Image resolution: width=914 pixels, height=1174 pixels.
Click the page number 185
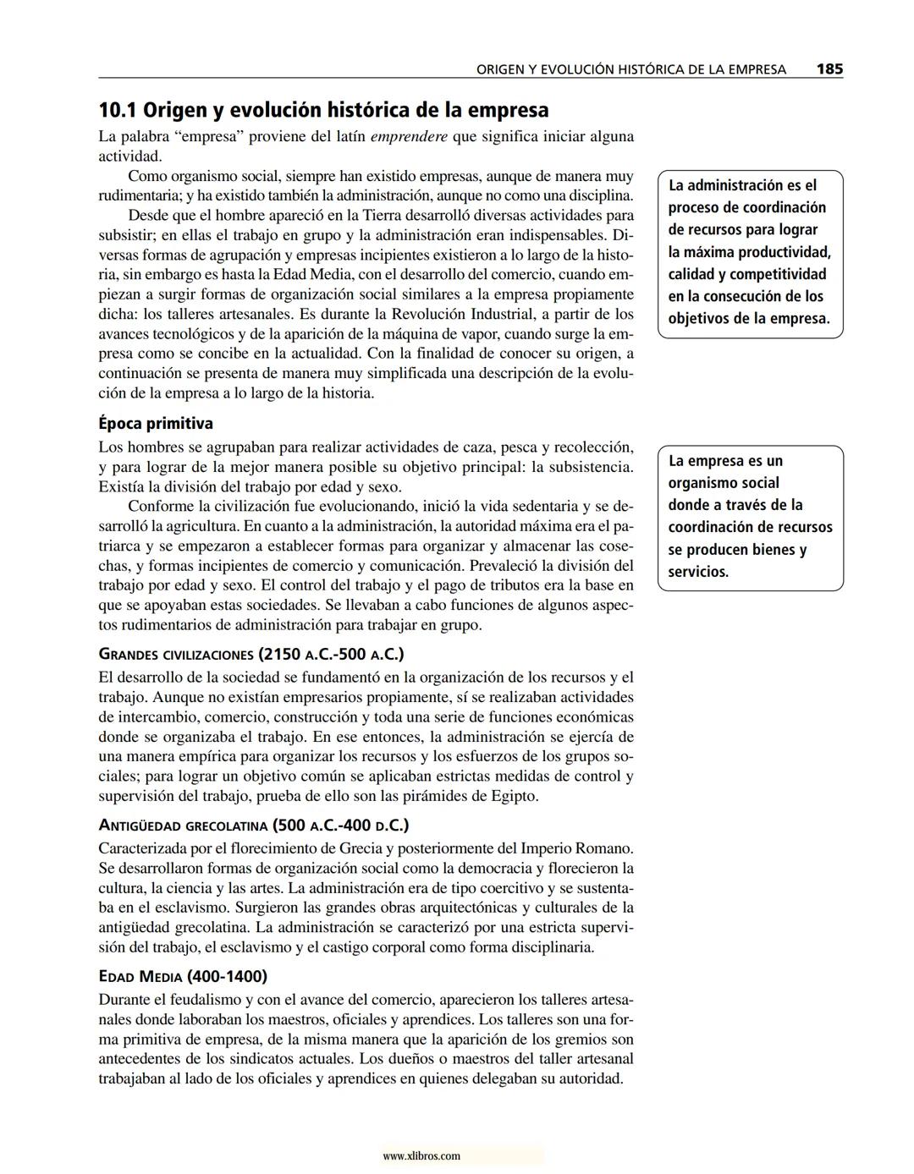point(829,69)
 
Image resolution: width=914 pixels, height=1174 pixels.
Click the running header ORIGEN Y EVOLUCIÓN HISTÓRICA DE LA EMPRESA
point(631,70)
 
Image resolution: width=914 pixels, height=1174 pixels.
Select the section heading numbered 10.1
point(323,111)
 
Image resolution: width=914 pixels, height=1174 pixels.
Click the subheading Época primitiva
point(156,424)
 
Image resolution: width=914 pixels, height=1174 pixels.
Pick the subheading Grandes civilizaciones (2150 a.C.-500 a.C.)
point(251,655)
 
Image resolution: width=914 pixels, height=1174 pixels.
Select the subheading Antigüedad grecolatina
point(254,826)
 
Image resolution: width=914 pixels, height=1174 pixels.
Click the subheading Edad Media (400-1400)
point(183,977)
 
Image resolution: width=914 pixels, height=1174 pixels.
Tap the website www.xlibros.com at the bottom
point(421,1155)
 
